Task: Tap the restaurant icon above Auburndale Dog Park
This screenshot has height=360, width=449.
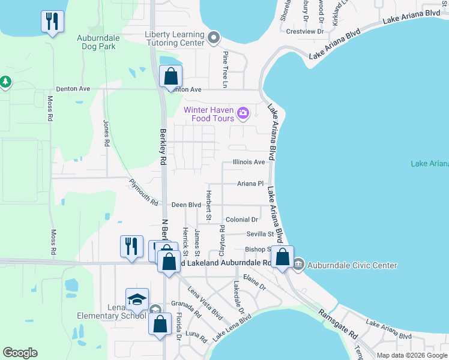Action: coord(52,22)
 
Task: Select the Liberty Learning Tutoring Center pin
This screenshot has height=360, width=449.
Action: coord(213,39)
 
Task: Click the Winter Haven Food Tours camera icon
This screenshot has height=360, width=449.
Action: coord(243,112)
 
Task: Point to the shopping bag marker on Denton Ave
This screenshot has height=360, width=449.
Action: coord(171,76)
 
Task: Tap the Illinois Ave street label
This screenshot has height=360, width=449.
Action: coord(249,162)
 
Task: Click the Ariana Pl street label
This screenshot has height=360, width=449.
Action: coord(250,184)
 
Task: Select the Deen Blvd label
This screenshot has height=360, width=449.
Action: coord(186,205)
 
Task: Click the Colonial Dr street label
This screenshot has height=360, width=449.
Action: coord(242,220)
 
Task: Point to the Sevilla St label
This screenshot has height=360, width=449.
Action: coord(259,234)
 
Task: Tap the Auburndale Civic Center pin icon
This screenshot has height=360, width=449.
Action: coord(299,265)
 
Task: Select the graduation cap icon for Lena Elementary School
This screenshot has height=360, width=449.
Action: coord(137,299)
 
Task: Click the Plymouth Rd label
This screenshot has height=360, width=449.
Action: coord(143,192)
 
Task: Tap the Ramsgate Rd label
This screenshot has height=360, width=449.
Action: coord(338,325)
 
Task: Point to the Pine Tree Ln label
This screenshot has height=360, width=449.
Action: coord(226,70)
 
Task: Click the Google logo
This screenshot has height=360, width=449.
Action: coord(20,353)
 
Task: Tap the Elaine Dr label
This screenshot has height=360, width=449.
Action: coord(255,283)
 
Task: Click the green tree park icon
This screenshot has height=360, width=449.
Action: coord(5,81)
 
